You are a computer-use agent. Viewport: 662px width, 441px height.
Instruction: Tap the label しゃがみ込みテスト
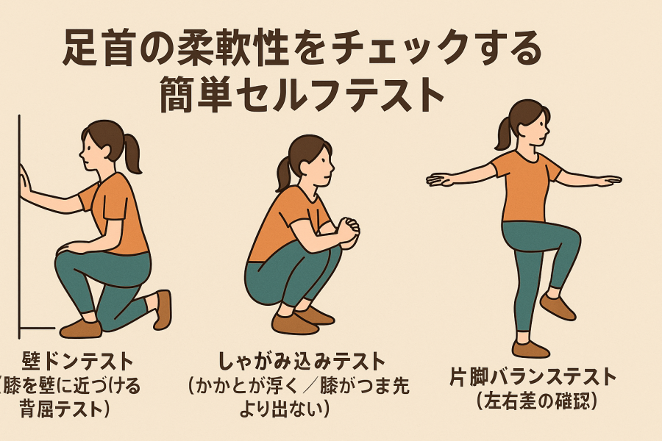302,362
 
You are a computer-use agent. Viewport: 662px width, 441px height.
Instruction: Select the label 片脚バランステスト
533,376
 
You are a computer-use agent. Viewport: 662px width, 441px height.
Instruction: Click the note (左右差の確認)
537,401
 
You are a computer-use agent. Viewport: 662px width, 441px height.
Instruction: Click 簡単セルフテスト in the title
302,93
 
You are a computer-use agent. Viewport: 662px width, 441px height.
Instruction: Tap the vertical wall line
19,226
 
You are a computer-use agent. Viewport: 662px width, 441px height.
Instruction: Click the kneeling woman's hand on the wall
25,182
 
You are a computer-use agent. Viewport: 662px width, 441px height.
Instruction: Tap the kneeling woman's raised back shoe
163,309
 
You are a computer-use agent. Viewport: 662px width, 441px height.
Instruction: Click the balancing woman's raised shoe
558,306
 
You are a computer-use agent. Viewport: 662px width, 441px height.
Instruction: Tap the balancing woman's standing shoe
530,348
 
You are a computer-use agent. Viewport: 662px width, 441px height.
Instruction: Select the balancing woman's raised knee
570,237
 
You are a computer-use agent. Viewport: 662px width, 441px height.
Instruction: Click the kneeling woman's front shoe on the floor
81,329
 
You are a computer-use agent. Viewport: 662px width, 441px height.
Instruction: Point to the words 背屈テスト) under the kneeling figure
65,409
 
